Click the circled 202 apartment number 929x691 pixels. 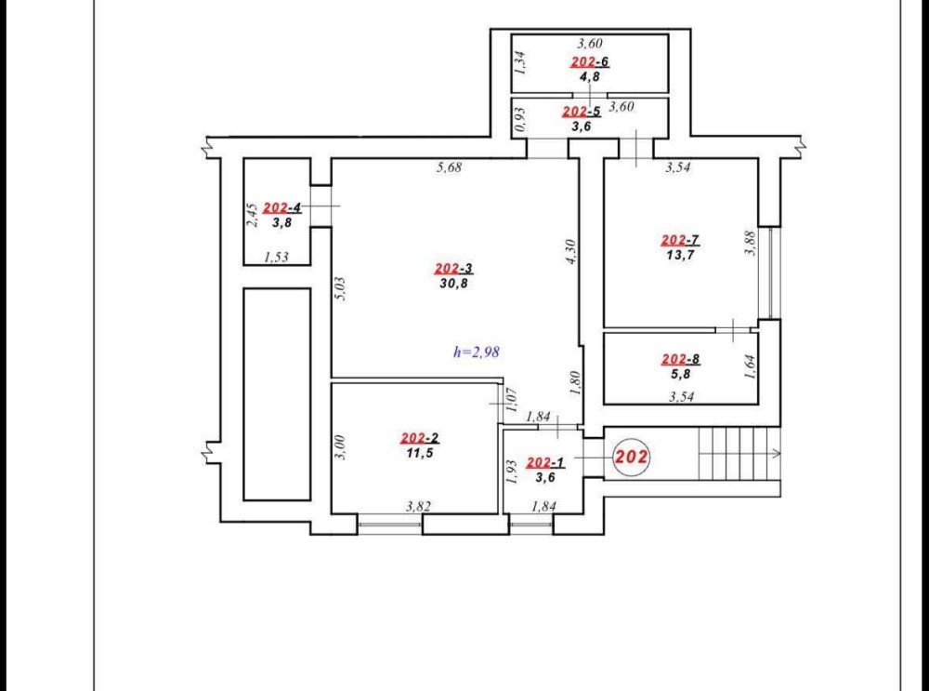[x=631, y=458]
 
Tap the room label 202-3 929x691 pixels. [x=454, y=269]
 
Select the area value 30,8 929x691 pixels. [x=454, y=284]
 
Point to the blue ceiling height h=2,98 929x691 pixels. [x=477, y=352]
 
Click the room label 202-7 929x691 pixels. [x=680, y=240]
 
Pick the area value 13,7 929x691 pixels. [x=680, y=255]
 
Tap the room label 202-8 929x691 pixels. [x=680, y=359]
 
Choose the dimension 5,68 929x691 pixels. [x=449, y=167]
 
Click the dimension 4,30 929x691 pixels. [x=571, y=251]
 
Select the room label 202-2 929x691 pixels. [x=420, y=438]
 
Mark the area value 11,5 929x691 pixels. [x=420, y=453]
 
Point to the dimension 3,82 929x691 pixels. [x=418, y=506]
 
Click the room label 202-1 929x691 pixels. [x=545, y=462]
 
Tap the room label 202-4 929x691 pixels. [x=282, y=207]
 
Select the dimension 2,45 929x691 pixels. [x=252, y=215]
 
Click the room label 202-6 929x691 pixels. [x=590, y=61]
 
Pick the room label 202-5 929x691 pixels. [x=582, y=111]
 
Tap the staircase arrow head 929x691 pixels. [x=777, y=453]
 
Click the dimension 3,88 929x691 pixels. [x=750, y=243]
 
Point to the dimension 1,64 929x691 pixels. [x=750, y=366]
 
